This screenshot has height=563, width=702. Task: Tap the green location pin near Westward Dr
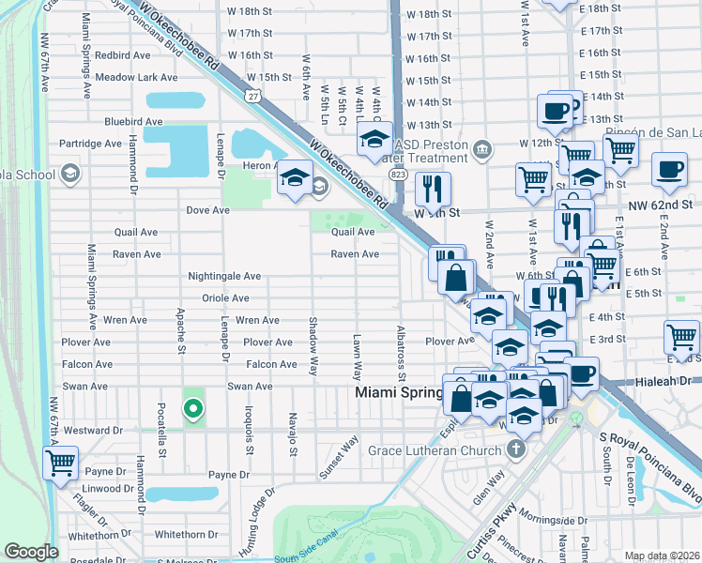point(192,408)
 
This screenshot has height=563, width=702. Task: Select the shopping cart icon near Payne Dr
point(60,462)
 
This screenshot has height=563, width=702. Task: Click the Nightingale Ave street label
point(224,277)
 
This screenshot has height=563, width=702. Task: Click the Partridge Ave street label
point(91,144)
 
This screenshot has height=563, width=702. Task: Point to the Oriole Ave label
point(225,298)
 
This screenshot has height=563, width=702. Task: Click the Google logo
point(31,552)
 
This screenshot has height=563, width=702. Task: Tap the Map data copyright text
point(663,555)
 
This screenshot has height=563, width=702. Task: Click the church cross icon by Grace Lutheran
point(514,450)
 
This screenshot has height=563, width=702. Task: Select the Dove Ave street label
point(207,211)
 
